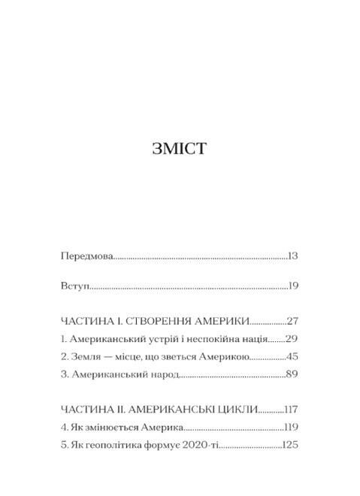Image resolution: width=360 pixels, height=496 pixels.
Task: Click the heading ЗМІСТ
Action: coord(180,148)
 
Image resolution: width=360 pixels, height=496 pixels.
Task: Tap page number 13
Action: coord(293,256)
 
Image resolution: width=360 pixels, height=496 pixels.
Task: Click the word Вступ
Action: coord(74,286)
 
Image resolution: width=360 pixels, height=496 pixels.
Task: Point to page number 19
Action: coord(294,286)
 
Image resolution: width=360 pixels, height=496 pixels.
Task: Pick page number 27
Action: coord(292,319)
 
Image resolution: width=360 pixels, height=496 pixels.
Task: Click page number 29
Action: coord(293,338)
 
